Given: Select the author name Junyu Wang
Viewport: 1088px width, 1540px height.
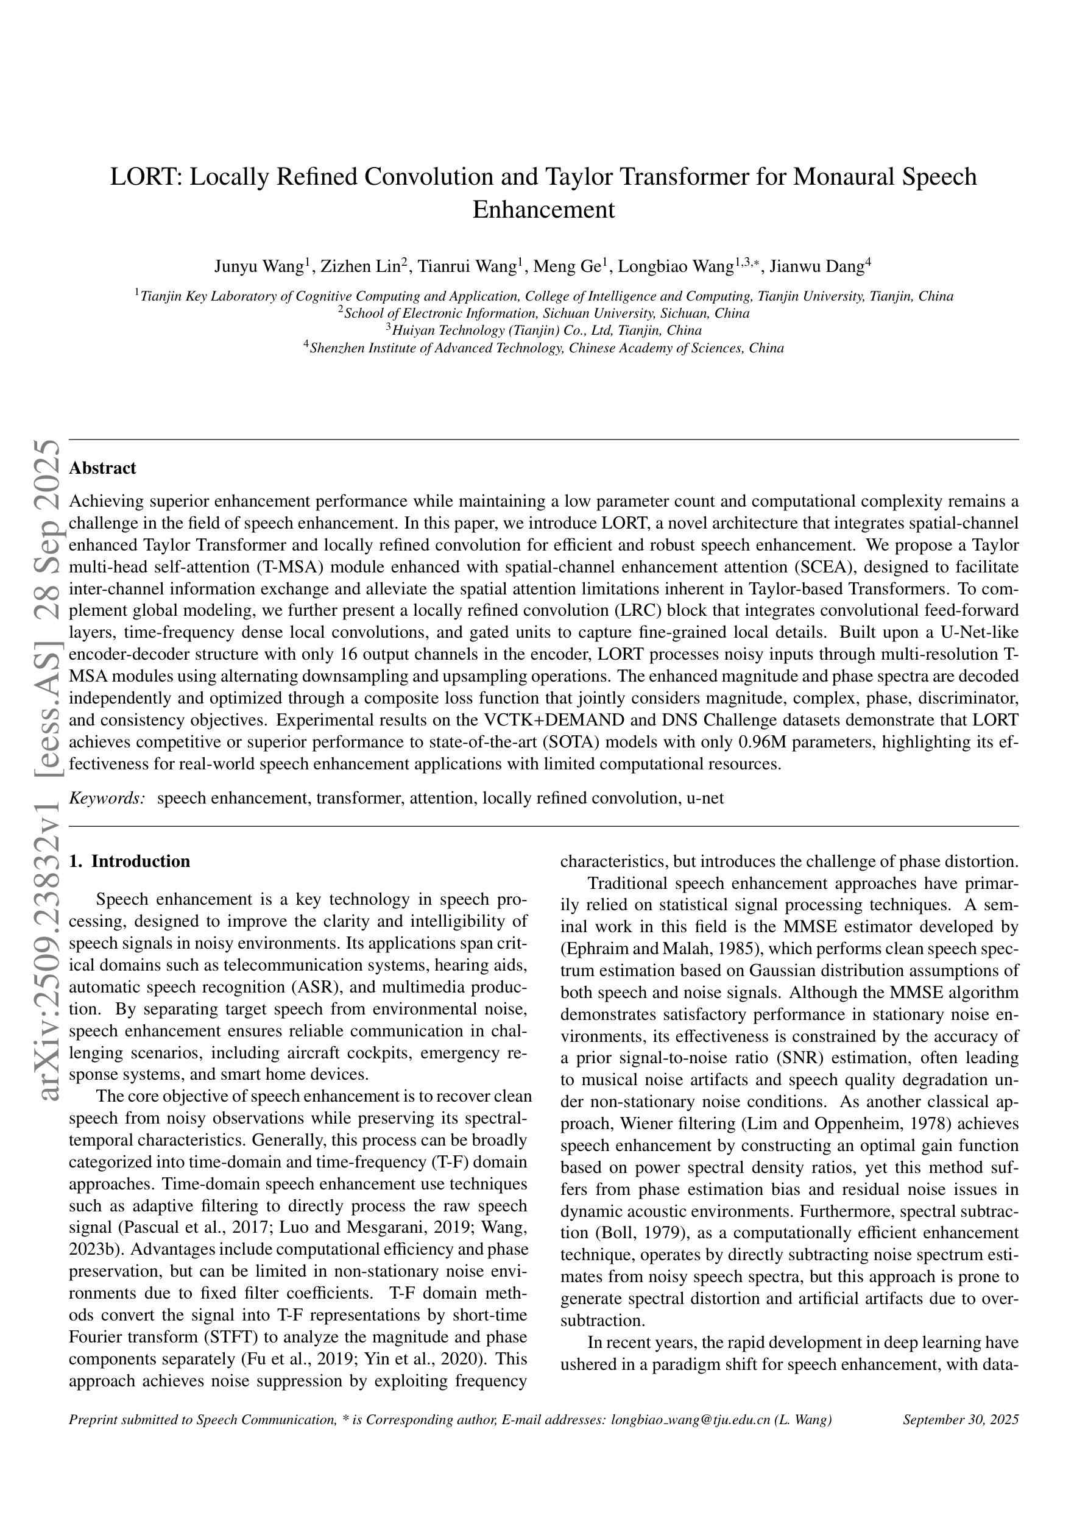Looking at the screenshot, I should (x=259, y=267).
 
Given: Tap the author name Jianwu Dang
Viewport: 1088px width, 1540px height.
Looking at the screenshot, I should (x=816, y=267).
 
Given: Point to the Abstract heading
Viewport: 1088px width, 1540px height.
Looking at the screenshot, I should (x=102, y=468).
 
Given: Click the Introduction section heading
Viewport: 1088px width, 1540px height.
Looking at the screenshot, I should (x=140, y=861).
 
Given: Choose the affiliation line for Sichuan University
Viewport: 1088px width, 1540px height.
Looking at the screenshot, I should (x=546, y=313).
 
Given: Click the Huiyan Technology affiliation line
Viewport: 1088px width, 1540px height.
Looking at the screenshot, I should (x=546, y=330).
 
